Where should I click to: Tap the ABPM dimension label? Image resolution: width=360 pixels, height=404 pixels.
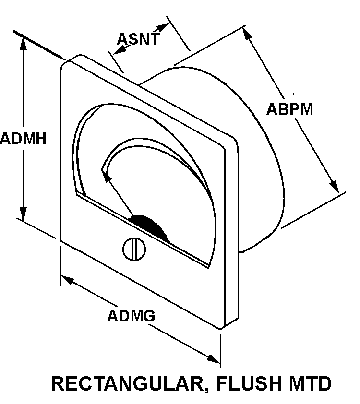[x=289, y=109]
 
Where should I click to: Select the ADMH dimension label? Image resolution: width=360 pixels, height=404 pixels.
[x=23, y=139]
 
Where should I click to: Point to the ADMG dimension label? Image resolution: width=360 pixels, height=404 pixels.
[x=131, y=316]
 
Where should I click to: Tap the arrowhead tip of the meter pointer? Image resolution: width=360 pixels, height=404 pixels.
[x=104, y=171]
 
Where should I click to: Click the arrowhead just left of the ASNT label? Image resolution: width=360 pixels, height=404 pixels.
[x=118, y=50]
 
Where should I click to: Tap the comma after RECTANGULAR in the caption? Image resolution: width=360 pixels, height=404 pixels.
[x=208, y=390]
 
